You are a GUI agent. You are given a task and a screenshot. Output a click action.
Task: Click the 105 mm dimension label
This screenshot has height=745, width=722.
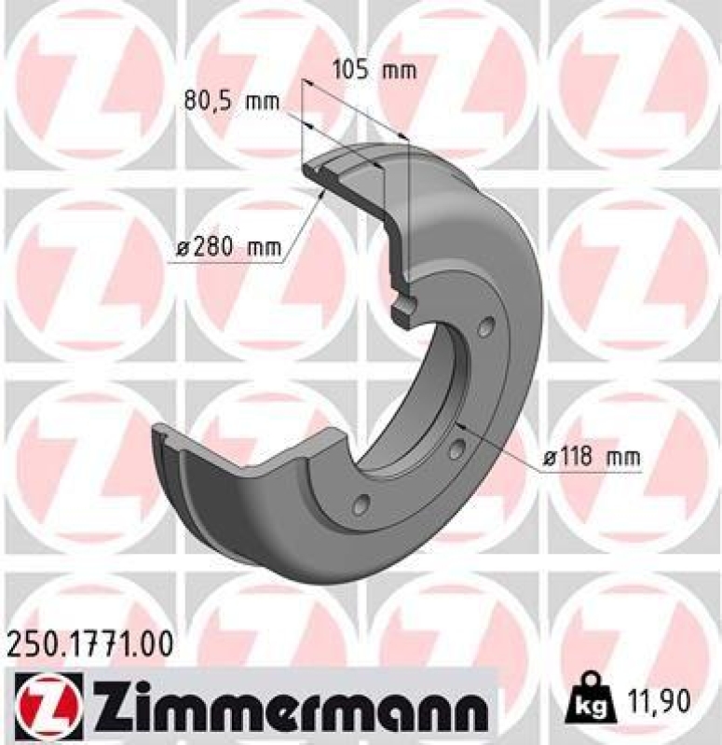[373, 70]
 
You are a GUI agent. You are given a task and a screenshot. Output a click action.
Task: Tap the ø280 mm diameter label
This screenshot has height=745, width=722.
[229, 248]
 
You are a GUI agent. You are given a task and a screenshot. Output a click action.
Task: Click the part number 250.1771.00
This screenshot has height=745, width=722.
[90, 643]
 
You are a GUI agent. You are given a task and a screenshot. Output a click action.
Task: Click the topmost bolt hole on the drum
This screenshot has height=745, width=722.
[486, 326]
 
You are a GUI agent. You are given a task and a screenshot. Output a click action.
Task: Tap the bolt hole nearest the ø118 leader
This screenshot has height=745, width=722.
[456, 449]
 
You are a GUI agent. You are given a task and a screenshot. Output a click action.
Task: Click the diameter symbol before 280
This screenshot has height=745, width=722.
[184, 248]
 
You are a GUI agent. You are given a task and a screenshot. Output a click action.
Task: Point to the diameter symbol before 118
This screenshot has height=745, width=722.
[550, 458]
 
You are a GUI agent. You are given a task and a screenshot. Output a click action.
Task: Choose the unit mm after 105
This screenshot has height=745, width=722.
[399, 70]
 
